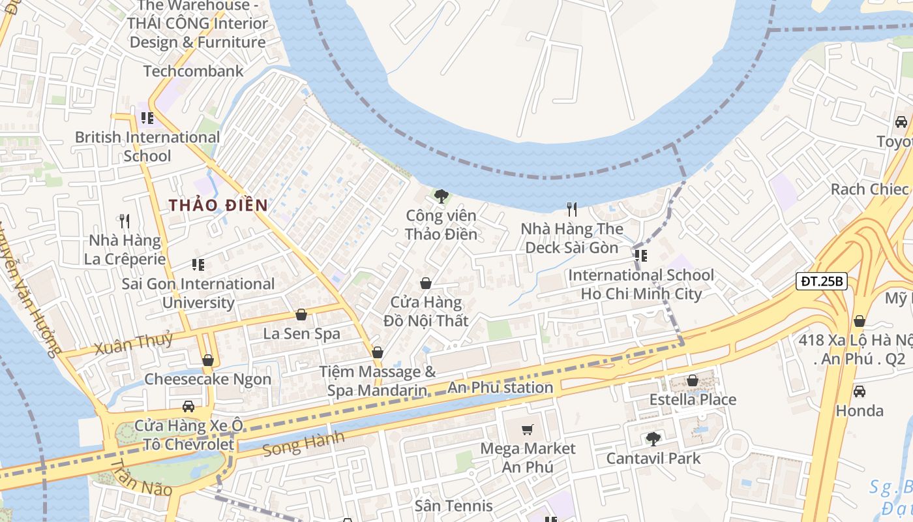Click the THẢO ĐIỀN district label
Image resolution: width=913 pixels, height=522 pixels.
point(218,205)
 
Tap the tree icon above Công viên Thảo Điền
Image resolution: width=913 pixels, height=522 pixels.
point(442,196)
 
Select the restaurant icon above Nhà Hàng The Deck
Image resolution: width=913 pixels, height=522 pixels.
point(572,209)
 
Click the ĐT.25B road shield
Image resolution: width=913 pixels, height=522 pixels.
point(822,282)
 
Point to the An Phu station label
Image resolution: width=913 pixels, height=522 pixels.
point(500,388)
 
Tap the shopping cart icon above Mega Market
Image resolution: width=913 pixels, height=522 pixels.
point(528,429)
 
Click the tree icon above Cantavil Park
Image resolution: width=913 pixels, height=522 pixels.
point(653,439)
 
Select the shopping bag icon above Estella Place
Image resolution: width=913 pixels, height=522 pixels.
point(693,380)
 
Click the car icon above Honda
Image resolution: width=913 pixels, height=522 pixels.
point(860,391)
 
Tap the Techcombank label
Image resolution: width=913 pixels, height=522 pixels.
point(193,71)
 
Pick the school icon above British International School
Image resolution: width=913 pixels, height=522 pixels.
point(147,118)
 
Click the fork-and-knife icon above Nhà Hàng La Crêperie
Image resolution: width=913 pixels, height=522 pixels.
point(125,221)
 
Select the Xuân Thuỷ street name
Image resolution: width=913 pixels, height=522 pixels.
point(134,342)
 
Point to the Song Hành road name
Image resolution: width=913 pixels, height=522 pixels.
point(303,444)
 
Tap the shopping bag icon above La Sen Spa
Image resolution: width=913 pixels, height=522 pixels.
point(301,315)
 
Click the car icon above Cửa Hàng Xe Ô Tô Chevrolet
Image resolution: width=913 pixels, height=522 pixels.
point(188,407)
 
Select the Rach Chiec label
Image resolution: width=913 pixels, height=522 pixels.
point(869,189)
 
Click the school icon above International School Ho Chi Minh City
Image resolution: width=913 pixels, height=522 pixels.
point(640,255)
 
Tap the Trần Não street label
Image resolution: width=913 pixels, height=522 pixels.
point(141,478)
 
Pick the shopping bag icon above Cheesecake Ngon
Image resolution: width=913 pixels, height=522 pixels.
point(208,360)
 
